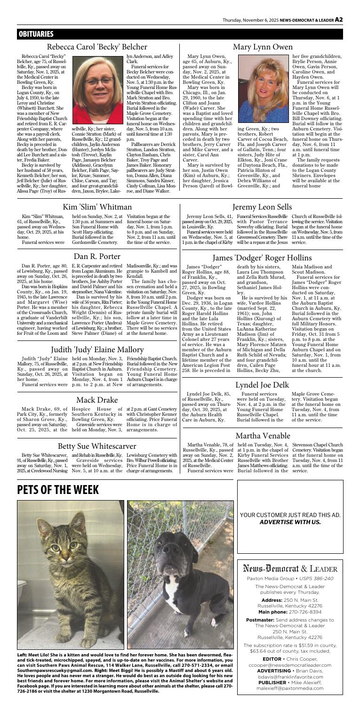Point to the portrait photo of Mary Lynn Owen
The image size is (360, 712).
[x=259, y=88]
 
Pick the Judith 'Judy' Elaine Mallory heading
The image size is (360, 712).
[x=90, y=310]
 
